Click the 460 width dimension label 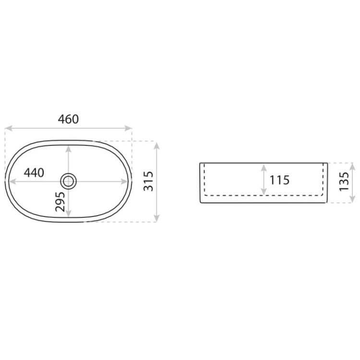click(x=68, y=119)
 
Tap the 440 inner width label click(x=34, y=173)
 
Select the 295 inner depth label click(x=60, y=202)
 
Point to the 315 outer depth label click(x=148, y=181)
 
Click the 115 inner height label click(x=279, y=180)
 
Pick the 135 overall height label click(x=344, y=181)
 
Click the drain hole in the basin click(x=68, y=181)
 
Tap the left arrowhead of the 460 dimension click(x=8, y=128)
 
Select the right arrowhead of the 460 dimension click(x=128, y=128)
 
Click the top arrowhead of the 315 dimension click(x=156, y=146)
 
